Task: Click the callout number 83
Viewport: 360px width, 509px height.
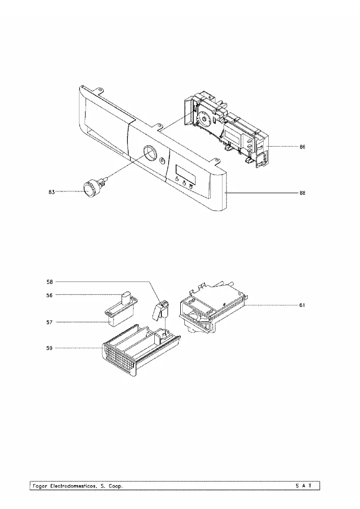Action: [51, 192]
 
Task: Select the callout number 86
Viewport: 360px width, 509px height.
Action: [302, 147]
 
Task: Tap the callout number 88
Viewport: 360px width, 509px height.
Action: [302, 193]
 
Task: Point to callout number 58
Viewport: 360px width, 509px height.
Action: [49, 282]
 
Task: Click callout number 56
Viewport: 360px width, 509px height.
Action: [49, 295]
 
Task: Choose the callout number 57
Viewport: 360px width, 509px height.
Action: [49, 322]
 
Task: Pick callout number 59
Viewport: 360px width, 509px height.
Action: [49, 348]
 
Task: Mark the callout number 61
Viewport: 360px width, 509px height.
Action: [302, 305]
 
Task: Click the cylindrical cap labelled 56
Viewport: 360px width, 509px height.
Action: [125, 297]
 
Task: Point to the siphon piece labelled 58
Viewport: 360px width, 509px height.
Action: [161, 310]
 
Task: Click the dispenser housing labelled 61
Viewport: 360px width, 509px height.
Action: [213, 308]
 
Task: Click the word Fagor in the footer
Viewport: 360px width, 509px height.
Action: [40, 486]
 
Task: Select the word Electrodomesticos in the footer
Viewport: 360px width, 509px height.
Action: [73, 486]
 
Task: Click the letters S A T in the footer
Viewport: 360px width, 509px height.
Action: [303, 486]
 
